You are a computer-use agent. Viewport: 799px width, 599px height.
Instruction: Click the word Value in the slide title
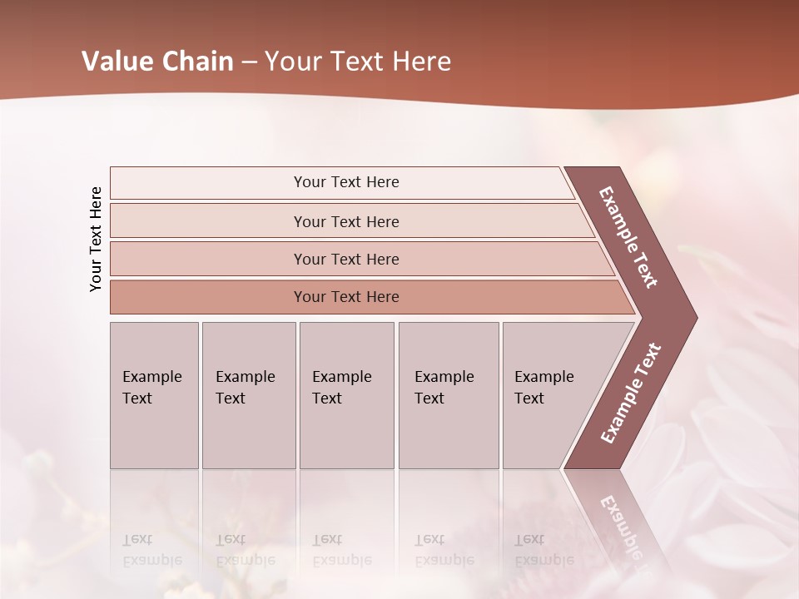pos(115,62)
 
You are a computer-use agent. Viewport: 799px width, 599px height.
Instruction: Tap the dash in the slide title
pos(249,62)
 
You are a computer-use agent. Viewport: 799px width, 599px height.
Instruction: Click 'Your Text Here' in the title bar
pos(358,62)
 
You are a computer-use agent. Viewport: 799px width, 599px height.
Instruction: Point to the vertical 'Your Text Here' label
pos(96,239)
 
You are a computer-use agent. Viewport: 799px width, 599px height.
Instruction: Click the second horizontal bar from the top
pos(345,221)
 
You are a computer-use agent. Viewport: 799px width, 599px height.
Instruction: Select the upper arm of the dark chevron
pos(629,237)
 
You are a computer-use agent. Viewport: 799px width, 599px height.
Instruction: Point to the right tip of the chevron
pos(691,317)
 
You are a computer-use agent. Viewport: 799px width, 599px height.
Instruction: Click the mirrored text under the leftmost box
pos(152,550)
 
